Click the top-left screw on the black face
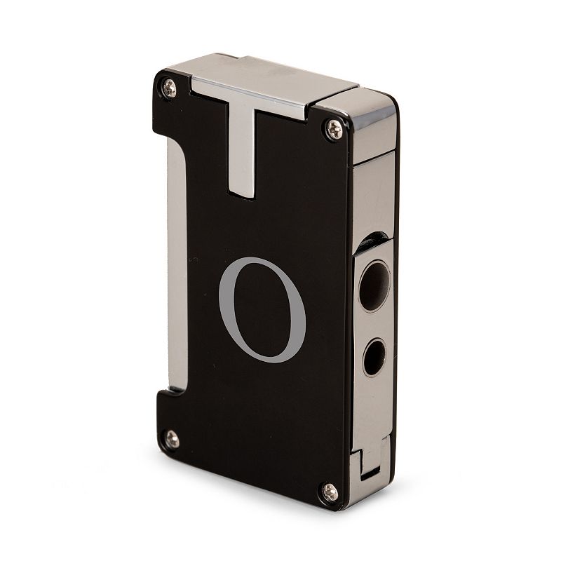point(169,88)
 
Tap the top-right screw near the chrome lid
point(334,129)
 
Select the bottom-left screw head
point(172,439)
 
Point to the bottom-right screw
point(330,492)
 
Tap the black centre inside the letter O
point(262,310)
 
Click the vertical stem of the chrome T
point(242,154)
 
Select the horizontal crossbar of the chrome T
point(250,97)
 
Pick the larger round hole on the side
point(374,286)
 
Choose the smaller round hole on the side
point(374,358)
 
